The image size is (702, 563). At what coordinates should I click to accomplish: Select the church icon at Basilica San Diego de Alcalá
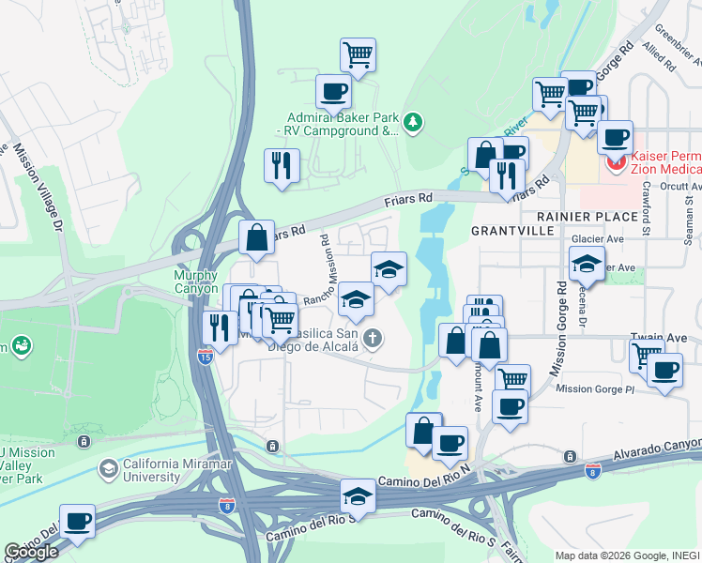click(373, 339)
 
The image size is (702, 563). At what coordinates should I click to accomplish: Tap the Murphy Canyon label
click(195, 281)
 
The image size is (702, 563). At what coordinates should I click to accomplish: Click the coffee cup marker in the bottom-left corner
click(77, 521)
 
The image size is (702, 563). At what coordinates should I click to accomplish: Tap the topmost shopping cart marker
click(358, 54)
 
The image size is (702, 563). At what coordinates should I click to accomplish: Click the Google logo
click(32, 552)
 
